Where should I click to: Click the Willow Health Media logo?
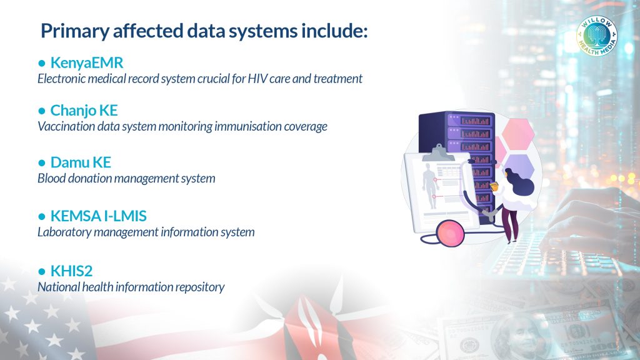pos(597,36)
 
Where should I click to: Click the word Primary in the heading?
pos(75,31)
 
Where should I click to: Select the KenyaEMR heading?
pos(86,63)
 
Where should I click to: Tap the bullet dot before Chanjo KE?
pos(42,111)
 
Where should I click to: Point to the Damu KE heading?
pos(81,162)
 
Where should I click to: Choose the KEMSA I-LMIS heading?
pos(98,216)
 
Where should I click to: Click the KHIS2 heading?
pos(71,271)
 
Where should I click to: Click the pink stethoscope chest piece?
pos(450,232)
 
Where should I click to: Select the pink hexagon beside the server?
pos(518,134)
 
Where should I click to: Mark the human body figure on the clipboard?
pos(429,185)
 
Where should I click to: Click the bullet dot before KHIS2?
pos(42,271)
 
